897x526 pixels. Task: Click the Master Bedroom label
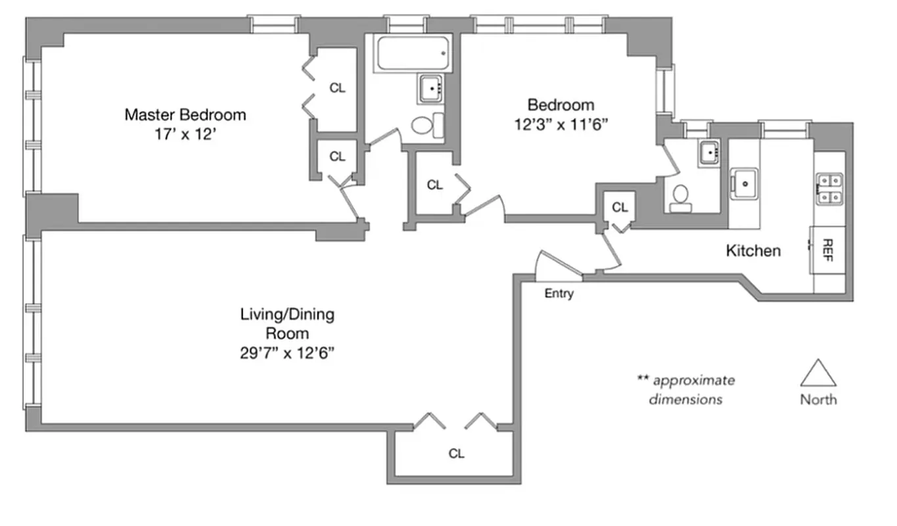tap(185, 115)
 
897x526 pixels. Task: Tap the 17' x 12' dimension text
tap(185, 134)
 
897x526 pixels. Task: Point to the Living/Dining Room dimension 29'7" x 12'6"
tap(287, 353)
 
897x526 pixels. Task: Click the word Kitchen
tap(753, 251)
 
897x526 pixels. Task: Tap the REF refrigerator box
tap(827, 250)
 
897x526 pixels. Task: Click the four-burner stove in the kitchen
tap(829, 188)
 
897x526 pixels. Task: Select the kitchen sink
tap(745, 183)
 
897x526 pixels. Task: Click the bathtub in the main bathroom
tap(413, 53)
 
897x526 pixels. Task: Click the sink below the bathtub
tap(431, 88)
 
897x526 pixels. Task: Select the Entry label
tap(559, 294)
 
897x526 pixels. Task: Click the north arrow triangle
tap(818, 373)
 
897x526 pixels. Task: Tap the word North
tap(818, 399)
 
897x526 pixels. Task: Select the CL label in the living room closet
tap(456, 454)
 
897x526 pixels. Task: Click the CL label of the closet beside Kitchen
tap(620, 208)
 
